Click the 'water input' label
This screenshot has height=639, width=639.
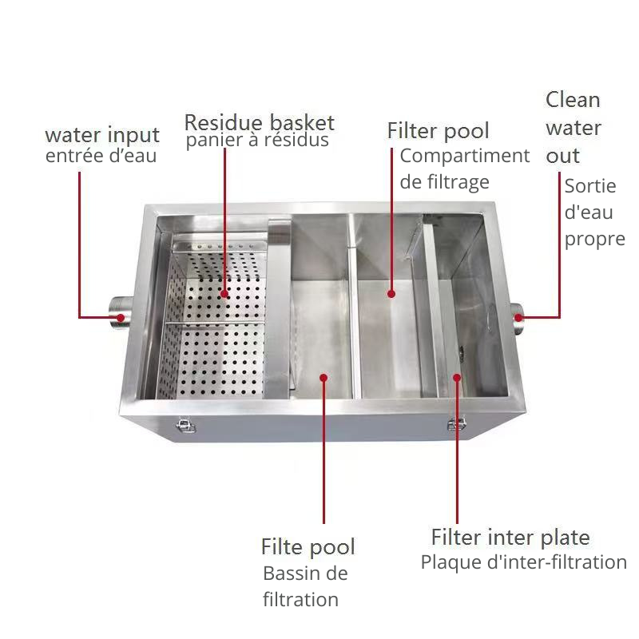tap(102, 136)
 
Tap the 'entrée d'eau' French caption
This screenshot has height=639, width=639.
tap(101, 156)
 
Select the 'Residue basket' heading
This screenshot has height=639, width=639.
tap(260, 122)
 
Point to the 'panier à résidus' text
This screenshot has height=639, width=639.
tap(257, 141)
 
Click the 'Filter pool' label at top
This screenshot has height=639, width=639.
tap(438, 131)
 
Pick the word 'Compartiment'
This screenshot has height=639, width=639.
tap(465, 156)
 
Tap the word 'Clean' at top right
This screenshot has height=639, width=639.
tap(573, 100)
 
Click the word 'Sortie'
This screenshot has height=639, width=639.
tap(590, 186)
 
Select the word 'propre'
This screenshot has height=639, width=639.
tap(594, 240)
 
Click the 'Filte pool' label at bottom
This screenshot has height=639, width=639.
tap(308, 547)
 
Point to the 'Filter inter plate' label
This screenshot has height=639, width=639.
tap(510, 538)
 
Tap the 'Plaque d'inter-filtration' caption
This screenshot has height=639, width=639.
tap(524, 562)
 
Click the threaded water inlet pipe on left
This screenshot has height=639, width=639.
tap(120, 311)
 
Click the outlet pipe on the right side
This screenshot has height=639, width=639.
tap(516, 318)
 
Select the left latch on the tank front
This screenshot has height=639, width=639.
tap(185, 426)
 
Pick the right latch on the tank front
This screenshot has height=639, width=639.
tap(456, 424)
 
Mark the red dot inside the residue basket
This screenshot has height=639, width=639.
tap(224, 293)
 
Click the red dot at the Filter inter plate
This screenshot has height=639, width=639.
tap(457, 378)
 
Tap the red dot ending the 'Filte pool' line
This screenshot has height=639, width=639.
tap(323, 378)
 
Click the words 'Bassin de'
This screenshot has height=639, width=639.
tap(305, 574)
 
